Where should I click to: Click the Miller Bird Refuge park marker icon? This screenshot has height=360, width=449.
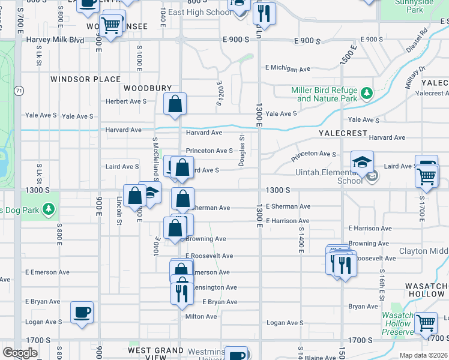pos(366,93)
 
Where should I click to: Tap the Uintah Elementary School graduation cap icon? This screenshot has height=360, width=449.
pos(362,162)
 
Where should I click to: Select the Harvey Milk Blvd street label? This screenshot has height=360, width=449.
pos(55,40)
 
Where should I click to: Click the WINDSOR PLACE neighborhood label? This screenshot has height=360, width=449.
pos(85,79)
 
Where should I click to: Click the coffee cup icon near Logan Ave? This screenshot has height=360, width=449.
pos(82,313)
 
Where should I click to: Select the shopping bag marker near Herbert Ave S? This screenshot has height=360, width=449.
pos(175,104)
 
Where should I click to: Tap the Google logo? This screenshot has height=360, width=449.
pos(20,353)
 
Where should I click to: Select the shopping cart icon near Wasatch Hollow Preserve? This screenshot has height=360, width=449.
pos(426,322)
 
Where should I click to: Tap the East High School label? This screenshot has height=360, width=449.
pos(200,12)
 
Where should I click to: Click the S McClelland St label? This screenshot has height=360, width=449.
pos(155,157)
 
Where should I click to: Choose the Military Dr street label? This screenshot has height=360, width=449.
pos(414,77)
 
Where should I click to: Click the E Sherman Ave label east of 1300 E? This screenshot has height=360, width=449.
pos(288,206)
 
